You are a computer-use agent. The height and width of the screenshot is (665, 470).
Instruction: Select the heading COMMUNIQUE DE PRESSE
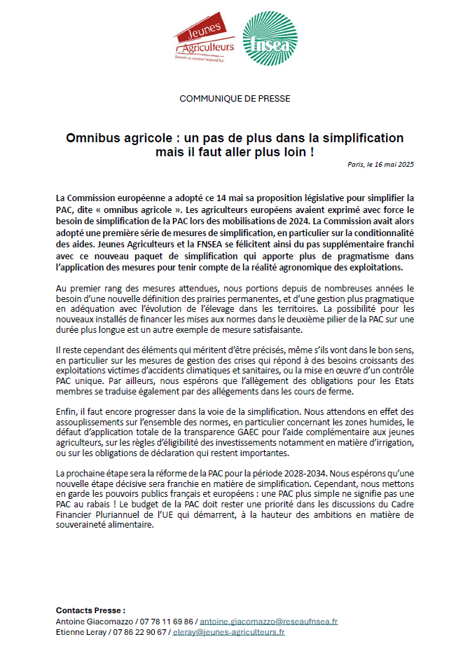pos(235,98)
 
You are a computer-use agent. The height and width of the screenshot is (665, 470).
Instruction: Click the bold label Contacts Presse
pos(90,610)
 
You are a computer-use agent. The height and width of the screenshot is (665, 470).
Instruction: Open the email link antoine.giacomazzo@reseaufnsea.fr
pos(269,621)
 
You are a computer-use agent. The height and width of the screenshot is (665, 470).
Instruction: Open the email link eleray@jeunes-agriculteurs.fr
pos(229,632)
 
